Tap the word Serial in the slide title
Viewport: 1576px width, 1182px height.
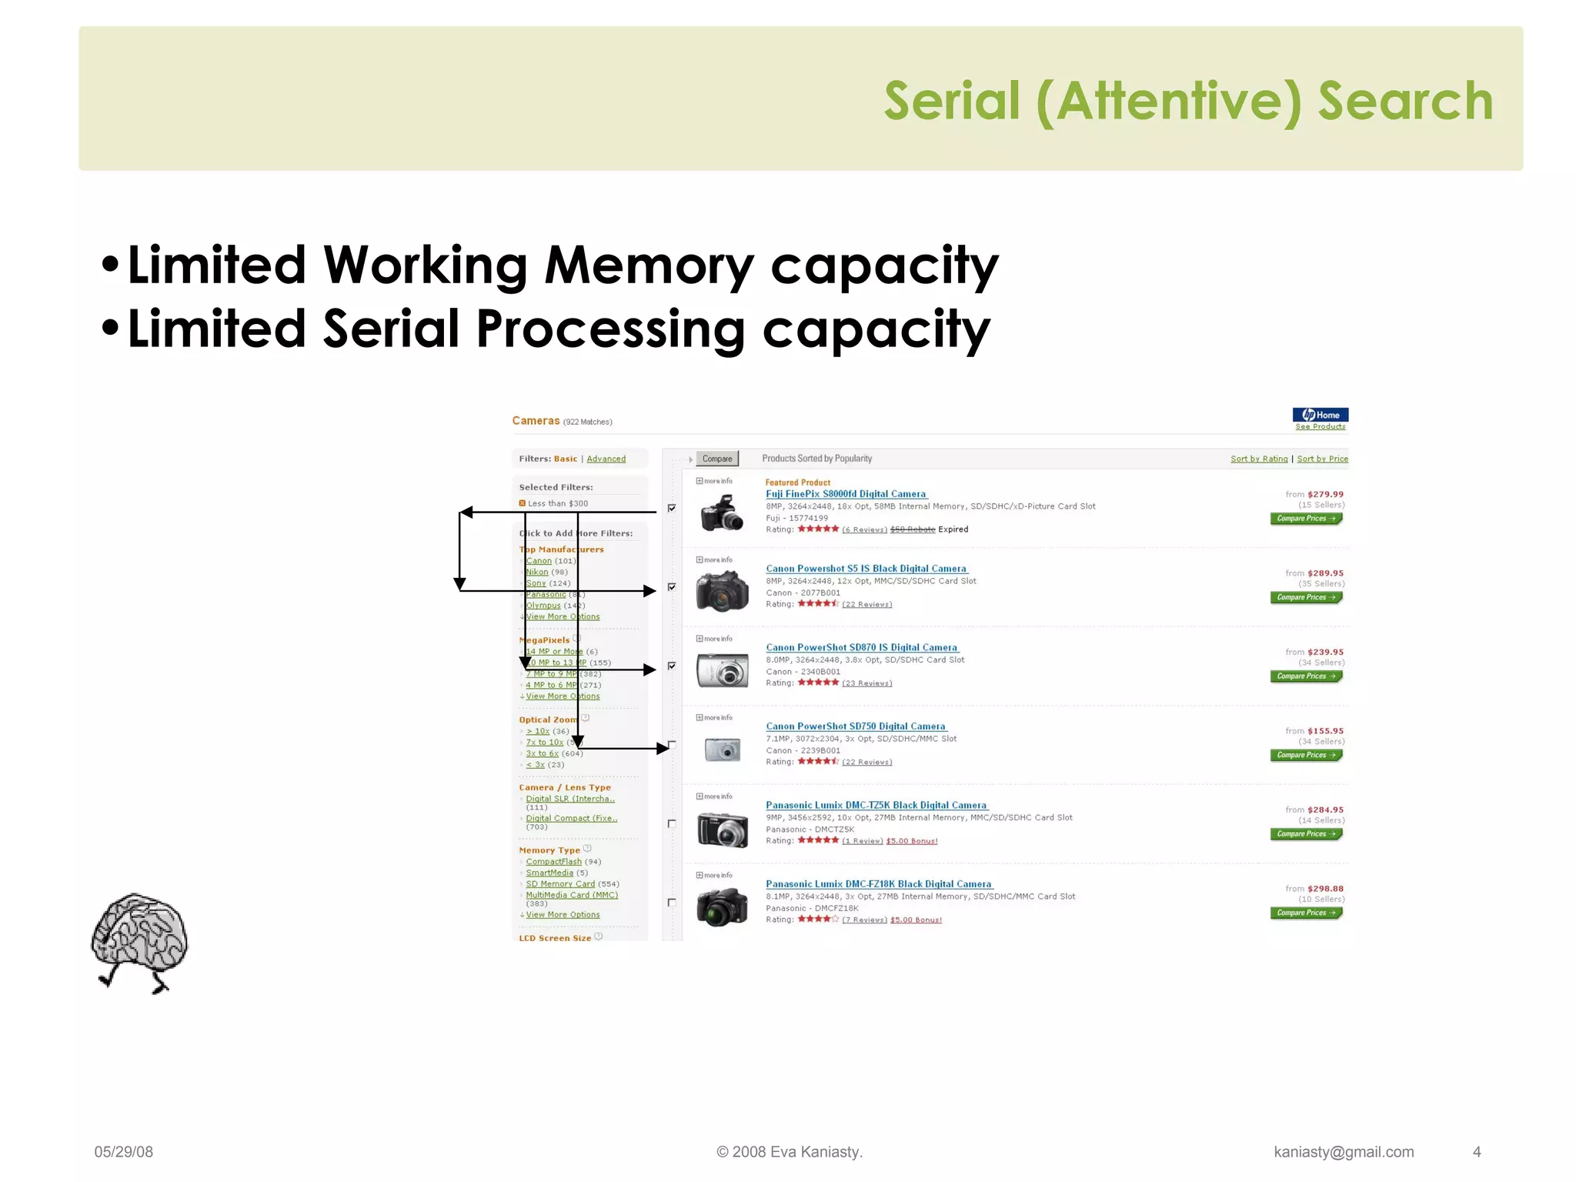click(952, 102)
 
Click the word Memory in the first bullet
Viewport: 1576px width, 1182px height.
click(649, 265)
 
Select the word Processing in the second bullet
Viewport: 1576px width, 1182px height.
click(610, 329)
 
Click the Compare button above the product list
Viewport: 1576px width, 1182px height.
click(717, 459)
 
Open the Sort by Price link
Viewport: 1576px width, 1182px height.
click(1322, 459)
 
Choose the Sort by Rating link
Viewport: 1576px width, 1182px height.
click(1258, 459)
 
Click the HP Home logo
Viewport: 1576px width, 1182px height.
click(1321, 415)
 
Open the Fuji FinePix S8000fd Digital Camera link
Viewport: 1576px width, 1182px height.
click(846, 494)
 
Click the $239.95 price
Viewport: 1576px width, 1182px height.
click(1325, 652)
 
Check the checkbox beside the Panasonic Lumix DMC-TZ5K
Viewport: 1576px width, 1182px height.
click(672, 823)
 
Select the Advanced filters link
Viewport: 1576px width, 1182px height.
click(606, 459)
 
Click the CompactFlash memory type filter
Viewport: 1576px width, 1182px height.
click(554, 862)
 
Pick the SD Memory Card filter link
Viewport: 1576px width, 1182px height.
click(560, 884)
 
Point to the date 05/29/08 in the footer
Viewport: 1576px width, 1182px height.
click(124, 1152)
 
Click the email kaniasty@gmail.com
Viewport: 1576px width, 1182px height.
click(1344, 1152)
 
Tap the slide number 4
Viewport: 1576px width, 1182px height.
click(1477, 1152)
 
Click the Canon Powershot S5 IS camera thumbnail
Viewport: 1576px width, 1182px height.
click(722, 591)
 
